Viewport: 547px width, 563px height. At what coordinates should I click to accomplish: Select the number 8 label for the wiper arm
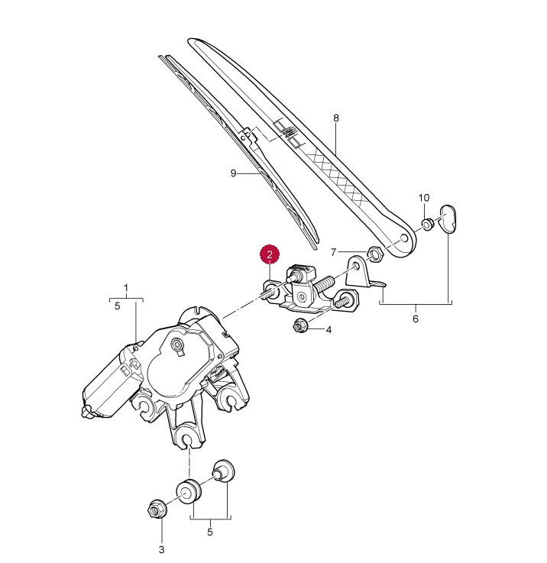335,118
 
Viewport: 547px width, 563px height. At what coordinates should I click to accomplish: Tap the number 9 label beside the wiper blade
234,173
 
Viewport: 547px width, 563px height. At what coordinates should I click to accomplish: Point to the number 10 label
424,198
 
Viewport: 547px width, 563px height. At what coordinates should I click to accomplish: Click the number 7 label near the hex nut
333,252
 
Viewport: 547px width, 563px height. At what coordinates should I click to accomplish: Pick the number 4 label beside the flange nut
329,331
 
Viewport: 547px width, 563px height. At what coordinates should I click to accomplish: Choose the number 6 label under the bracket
416,319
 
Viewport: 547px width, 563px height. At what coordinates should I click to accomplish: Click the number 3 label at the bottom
161,549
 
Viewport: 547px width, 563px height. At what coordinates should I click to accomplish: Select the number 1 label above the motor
126,289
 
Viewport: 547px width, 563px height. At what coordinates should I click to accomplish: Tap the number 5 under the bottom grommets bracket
210,532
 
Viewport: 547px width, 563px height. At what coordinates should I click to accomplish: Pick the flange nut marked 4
299,328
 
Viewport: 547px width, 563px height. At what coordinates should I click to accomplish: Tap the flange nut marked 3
157,507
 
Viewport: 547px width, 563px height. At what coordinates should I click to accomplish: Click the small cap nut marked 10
429,224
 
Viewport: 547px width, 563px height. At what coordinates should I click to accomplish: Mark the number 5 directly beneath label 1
117,306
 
